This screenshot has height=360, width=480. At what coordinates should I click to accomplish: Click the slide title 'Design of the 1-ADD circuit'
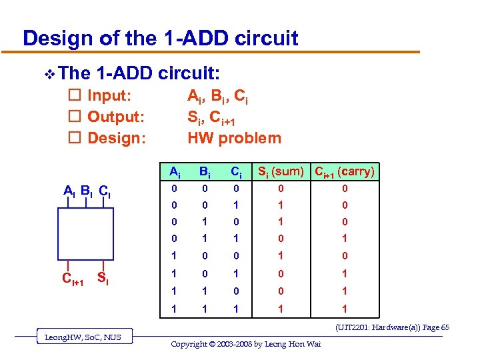pos(160,38)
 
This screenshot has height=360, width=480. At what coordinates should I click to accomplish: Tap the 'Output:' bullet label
pos(116,117)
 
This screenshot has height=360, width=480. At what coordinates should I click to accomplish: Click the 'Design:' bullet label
pos(116,138)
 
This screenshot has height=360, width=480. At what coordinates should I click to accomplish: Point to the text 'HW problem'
pos(234,138)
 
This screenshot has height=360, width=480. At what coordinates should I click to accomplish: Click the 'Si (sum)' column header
pos(280,172)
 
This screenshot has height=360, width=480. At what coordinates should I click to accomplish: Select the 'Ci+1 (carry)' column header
pos(345,172)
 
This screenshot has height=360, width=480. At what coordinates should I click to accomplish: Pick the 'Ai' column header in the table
pos(173,172)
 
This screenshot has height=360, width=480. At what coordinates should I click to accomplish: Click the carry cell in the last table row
pos(344,309)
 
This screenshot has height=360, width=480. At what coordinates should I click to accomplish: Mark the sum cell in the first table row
pos(280,189)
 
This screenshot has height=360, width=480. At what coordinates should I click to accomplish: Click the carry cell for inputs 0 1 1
pos(344,239)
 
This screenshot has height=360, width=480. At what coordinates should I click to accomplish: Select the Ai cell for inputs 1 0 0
pos(173,256)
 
